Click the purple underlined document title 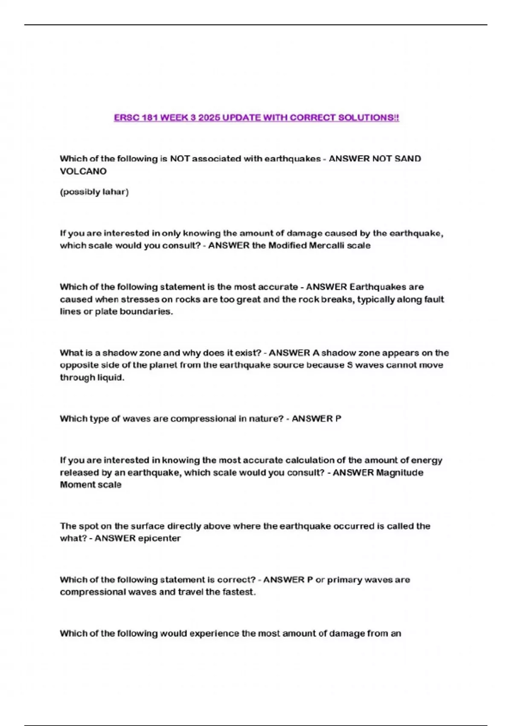(256, 117)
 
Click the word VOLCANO (83, 171)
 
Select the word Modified (286, 246)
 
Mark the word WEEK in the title (175, 117)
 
